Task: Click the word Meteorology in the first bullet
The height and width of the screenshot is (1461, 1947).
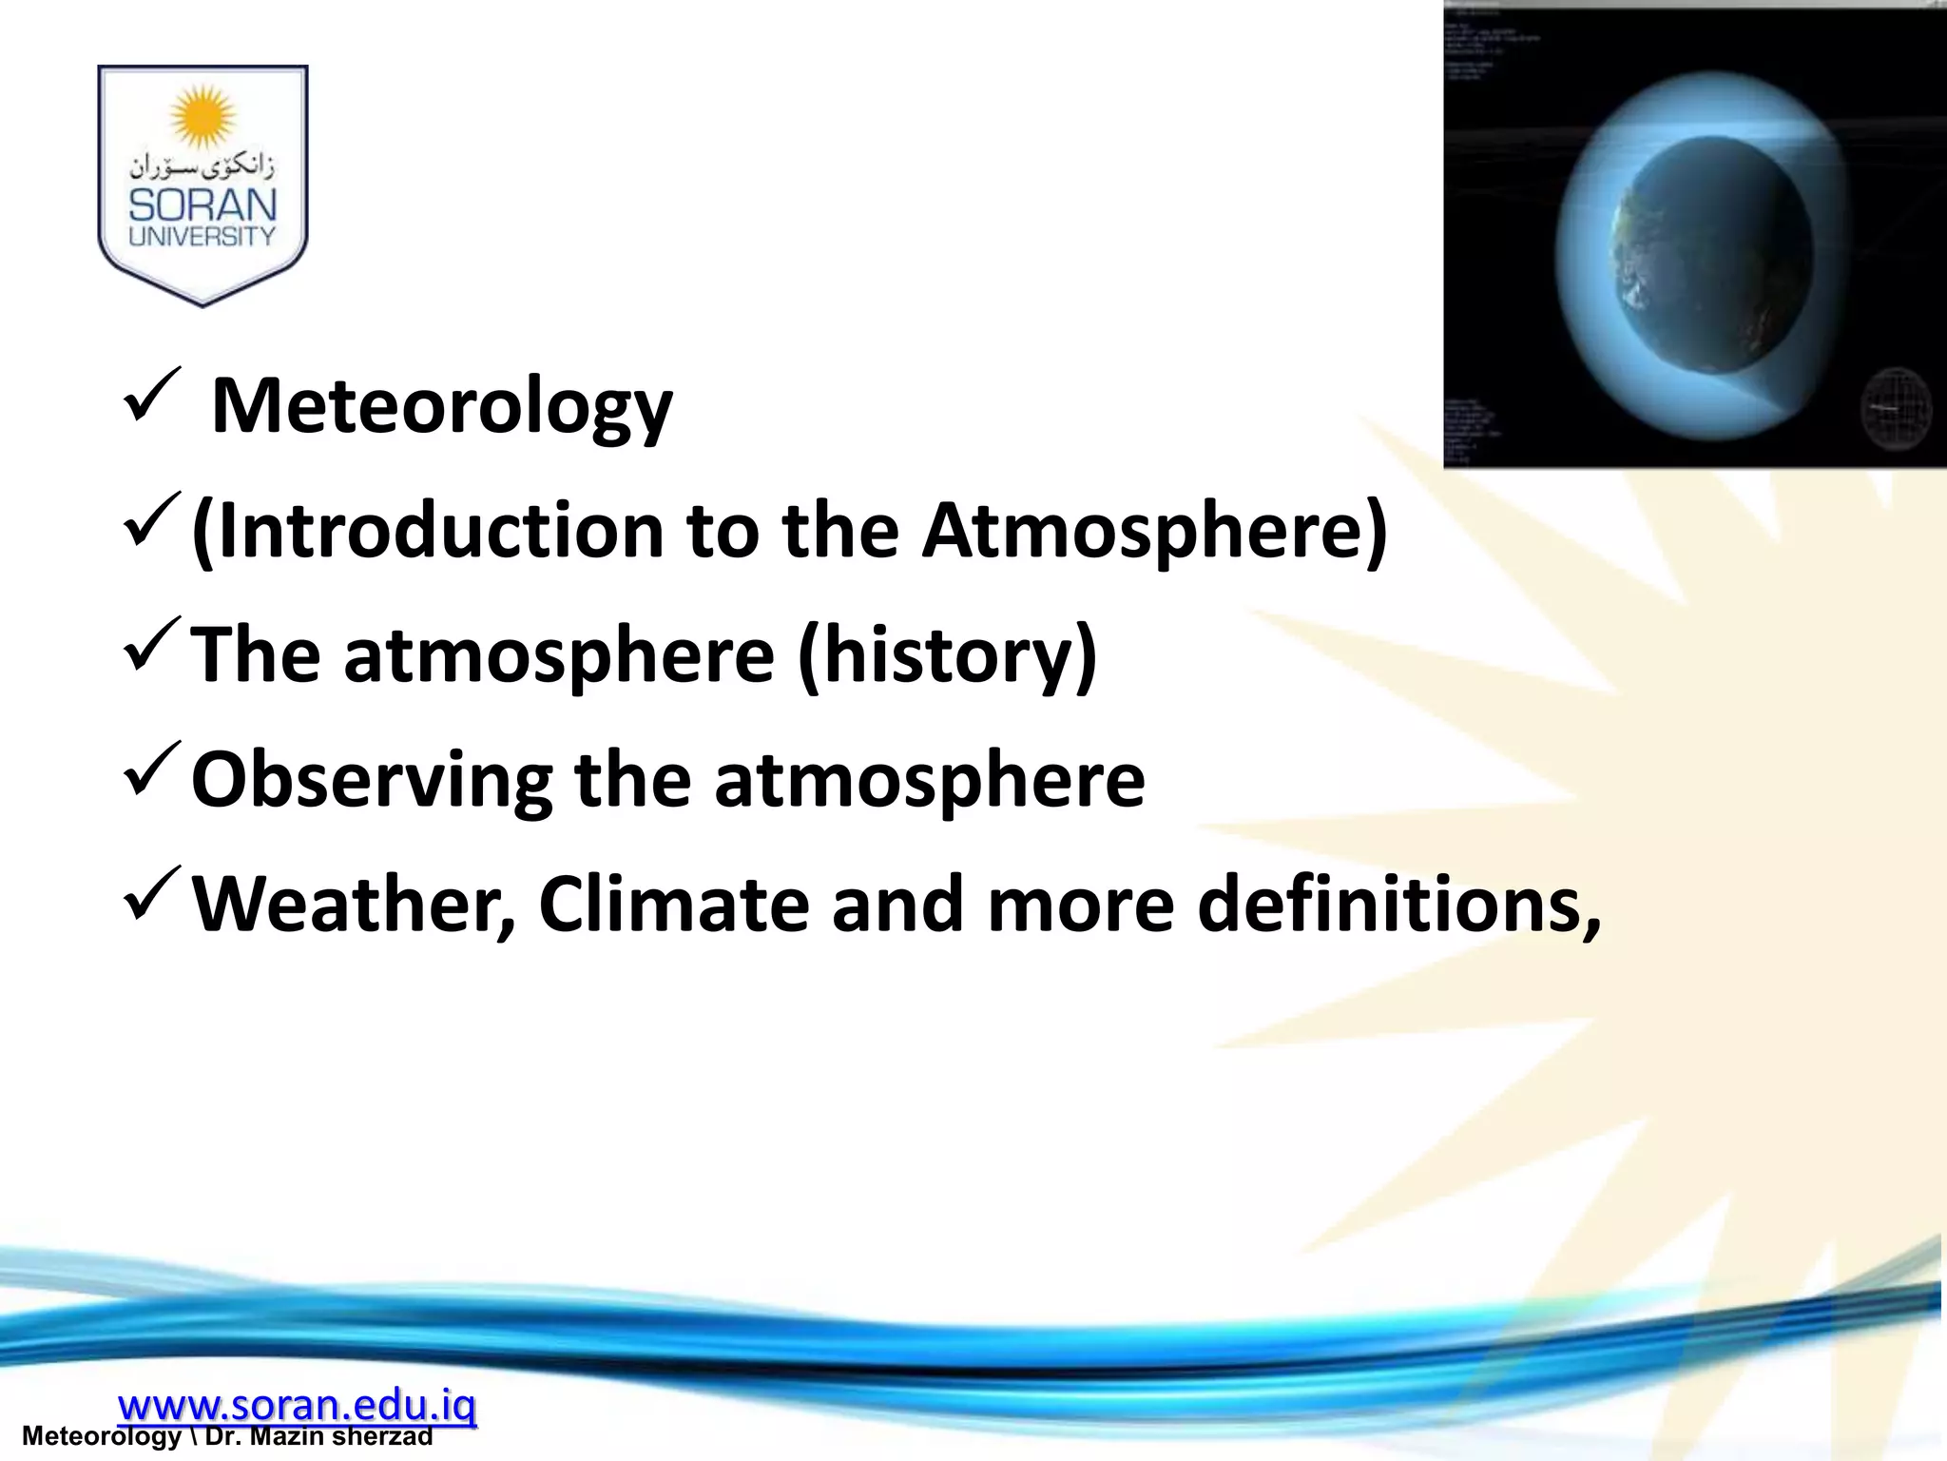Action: click(x=441, y=406)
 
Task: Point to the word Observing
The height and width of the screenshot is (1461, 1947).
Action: click(x=372, y=779)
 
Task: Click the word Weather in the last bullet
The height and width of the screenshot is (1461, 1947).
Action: click(x=353, y=904)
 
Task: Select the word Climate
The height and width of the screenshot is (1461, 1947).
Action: click(x=673, y=904)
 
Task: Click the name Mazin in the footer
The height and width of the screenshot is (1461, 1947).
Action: click(x=282, y=1436)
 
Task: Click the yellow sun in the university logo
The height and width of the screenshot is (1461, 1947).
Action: click(x=202, y=116)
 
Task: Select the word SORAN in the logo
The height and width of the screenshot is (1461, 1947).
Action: click(x=202, y=205)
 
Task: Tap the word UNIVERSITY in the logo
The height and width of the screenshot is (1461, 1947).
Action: click(x=202, y=237)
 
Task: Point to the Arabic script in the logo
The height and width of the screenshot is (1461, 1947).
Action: click(x=202, y=167)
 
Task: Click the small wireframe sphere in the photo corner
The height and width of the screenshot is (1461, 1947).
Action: click(x=1895, y=409)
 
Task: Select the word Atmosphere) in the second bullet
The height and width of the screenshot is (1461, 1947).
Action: click(x=1154, y=530)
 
